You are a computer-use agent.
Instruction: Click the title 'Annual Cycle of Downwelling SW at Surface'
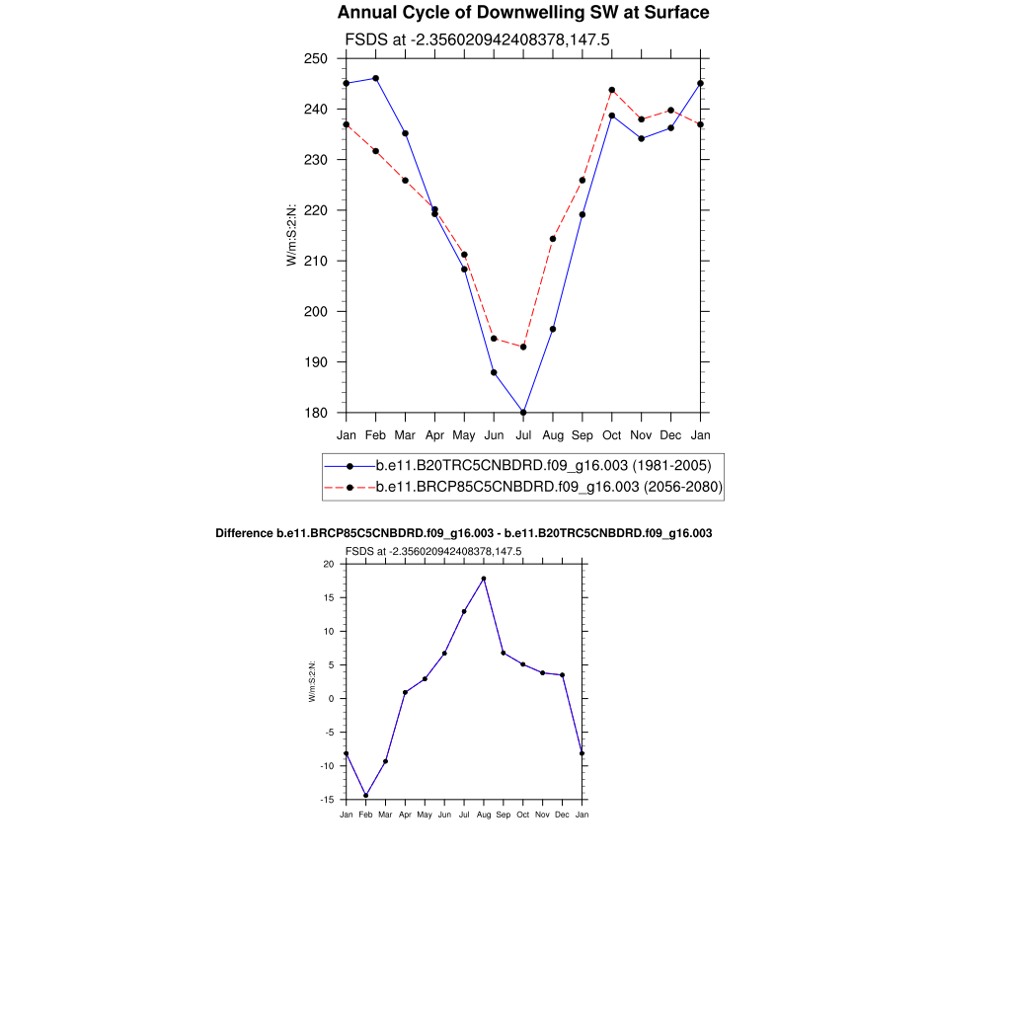pos(522,13)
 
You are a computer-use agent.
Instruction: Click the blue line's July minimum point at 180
pos(523,412)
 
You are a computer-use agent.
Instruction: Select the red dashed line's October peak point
pos(612,90)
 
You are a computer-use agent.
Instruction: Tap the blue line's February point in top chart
pos(375,78)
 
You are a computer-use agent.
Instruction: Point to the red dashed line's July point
pos(523,347)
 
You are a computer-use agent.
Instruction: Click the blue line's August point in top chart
pos(553,329)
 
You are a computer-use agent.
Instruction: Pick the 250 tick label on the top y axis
pos(316,58)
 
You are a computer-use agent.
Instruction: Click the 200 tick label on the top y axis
pos(316,311)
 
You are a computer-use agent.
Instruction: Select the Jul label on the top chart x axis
pos(523,434)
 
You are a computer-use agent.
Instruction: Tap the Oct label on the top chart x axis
pos(612,434)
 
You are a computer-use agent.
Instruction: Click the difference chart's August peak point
pos(484,579)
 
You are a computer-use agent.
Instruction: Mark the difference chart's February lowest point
pos(365,796)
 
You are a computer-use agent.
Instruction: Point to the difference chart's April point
pos(405,692)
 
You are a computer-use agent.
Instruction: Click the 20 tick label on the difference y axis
pos(329,564)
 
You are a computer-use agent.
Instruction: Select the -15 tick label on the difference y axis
pos(327,800)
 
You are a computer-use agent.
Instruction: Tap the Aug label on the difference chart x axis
pos(484,815)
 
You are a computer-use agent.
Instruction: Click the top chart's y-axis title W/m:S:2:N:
pos(292,235)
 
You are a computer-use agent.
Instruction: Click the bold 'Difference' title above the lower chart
pos(464,533)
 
